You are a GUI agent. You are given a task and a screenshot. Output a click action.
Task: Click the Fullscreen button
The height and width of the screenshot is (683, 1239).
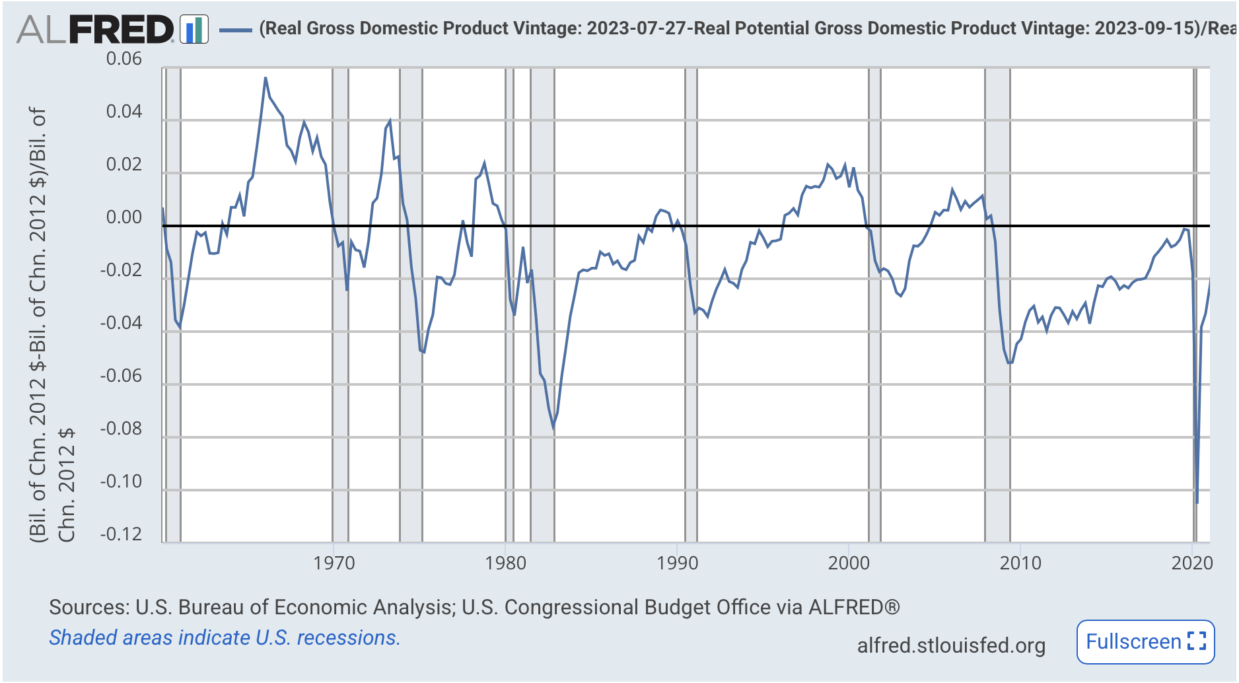point(1145,641)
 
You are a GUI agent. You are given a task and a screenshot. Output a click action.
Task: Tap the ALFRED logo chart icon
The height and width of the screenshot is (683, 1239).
point(194,30)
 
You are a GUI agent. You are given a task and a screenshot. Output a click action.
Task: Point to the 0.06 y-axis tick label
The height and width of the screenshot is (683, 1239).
point(124,59)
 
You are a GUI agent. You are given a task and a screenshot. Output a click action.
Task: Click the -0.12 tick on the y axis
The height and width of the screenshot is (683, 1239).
point(121,534)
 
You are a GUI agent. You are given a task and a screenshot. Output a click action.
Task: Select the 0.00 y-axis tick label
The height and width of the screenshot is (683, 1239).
point(124,217)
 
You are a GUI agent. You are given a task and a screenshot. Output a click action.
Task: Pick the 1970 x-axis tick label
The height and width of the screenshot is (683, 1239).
point(334,563)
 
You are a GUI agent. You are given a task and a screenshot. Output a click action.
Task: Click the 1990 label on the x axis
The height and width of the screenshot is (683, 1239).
point(677,563)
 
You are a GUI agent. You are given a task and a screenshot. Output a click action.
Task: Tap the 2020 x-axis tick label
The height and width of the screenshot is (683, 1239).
point(1191,563)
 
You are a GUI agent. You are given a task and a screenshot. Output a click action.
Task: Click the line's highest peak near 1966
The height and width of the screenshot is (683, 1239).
point(265,78)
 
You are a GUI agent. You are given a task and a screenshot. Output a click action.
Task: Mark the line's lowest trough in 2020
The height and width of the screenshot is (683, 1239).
point(1197,502)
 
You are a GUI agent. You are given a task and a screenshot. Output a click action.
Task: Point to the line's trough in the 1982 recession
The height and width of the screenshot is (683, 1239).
point(553,428)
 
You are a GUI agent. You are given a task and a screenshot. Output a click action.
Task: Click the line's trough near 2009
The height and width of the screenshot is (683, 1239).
point(1009,363)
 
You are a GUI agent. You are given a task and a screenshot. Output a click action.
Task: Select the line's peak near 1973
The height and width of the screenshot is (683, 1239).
point(390,121)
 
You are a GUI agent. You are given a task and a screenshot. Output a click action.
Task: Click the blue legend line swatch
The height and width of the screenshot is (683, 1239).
point(235,30)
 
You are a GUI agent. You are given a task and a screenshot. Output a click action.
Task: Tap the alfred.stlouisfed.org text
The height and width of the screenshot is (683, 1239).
point(951,645)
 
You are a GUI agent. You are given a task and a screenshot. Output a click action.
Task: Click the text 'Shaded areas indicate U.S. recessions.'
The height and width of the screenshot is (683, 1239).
point(225,637)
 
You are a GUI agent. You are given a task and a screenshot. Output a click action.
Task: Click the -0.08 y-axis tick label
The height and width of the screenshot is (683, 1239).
point(121,429)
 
